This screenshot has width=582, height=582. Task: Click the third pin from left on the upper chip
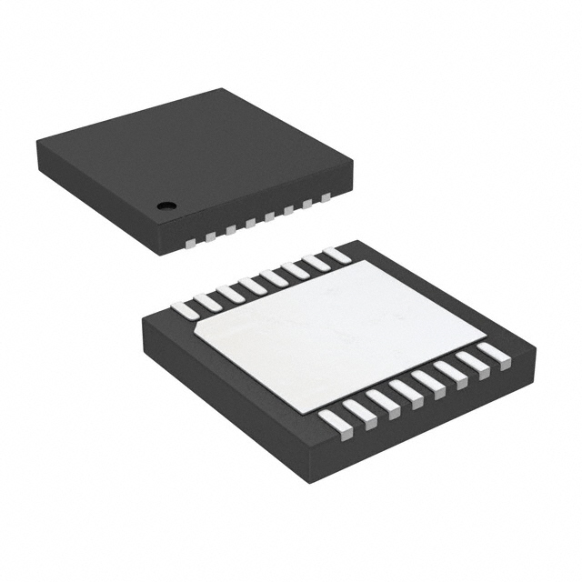(231, 229)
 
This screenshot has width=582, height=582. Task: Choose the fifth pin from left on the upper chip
(270, 216)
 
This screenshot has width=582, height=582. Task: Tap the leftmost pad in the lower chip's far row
(186, 310)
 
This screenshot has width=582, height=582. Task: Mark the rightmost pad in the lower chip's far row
(337, 256)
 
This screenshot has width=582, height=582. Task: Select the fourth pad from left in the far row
(252, 286)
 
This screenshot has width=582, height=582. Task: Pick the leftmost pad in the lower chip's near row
(335, 423)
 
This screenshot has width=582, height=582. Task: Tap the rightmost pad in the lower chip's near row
(494, 355)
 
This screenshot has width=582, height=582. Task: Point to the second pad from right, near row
(472, 364)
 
